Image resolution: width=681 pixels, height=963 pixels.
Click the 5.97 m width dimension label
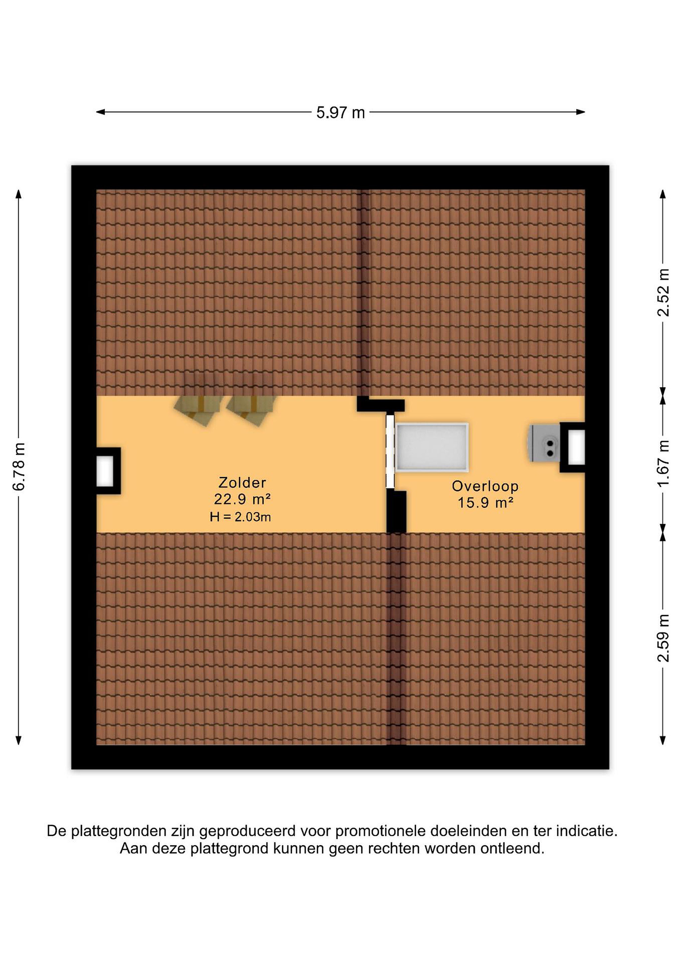click(x=340, y=112)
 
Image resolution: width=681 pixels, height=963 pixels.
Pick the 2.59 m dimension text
click(x=663, y=638)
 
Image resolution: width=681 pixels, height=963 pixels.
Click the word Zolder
click(x=242, y=483)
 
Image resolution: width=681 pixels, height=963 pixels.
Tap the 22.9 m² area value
click(x=242, y=500)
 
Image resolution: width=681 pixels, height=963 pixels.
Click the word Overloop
click(x=485, y=486)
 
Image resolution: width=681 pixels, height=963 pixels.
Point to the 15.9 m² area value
click(x=485, y=503)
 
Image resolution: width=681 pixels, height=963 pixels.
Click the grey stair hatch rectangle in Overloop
click(x=432, y=447)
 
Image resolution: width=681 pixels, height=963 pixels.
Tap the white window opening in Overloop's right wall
click(x=577, y=447)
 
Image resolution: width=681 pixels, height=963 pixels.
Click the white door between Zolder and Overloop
click(x=390, y=451)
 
